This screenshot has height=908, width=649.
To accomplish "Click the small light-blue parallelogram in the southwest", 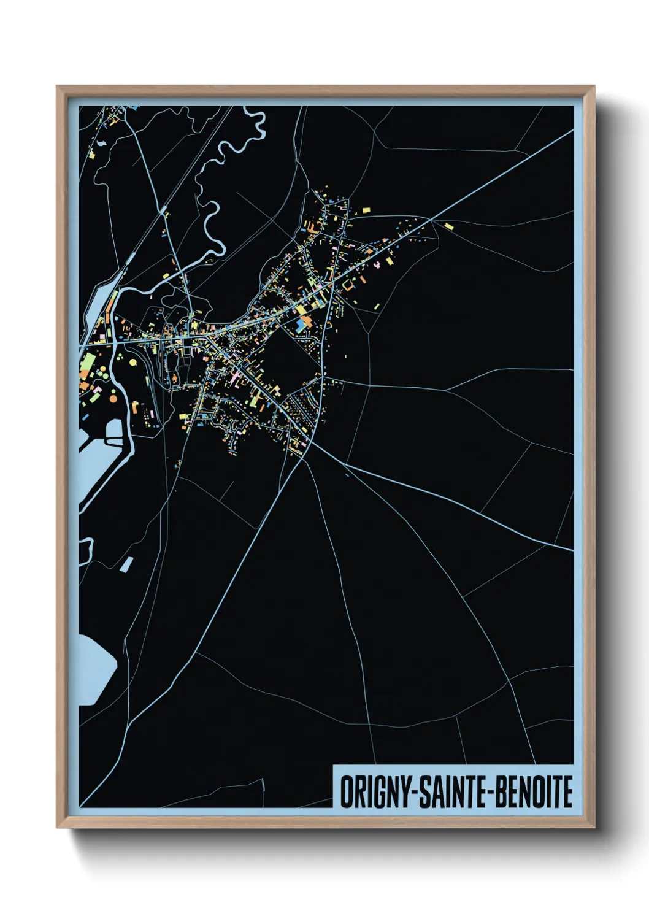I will (x=126, y=564).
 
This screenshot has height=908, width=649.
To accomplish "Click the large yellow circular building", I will (x=133, y=362).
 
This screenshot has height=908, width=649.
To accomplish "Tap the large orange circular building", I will (x=113, y=399).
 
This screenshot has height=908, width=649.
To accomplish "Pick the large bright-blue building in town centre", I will (x=302, y=325).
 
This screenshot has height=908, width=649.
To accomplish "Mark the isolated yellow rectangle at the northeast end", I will (x=448, y=226).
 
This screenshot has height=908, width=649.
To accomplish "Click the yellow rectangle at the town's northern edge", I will (x=366, y=210).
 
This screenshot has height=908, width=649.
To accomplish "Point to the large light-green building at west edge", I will (x=87, y=364).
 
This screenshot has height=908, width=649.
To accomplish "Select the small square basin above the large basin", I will (x=114, y=429).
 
